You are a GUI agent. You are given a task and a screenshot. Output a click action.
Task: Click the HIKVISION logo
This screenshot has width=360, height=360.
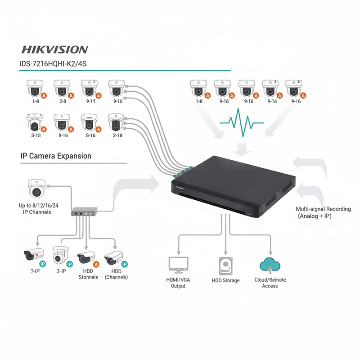(54, 49)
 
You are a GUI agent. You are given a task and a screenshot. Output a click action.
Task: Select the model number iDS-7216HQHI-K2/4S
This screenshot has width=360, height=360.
(53, 64)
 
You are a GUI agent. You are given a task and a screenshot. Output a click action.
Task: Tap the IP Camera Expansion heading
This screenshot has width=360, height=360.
(56, 156)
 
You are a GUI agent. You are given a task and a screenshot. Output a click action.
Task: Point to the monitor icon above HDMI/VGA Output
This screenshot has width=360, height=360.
(178, 265)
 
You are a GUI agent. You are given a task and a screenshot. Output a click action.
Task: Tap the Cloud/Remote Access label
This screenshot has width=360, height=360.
(270, 283)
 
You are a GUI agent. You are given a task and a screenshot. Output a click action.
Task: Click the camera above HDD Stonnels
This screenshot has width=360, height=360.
(87, 258)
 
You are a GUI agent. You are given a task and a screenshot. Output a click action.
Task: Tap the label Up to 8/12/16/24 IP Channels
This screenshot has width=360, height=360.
(35, 208)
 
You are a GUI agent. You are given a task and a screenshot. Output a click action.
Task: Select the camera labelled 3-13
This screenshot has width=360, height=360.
(35, 122)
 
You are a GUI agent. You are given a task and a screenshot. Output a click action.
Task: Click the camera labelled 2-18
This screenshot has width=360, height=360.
(117, 122)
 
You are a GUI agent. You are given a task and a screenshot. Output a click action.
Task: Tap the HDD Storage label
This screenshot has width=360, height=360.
(225, 280)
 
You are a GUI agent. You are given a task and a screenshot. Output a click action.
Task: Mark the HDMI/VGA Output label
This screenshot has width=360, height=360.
(178, 283)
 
